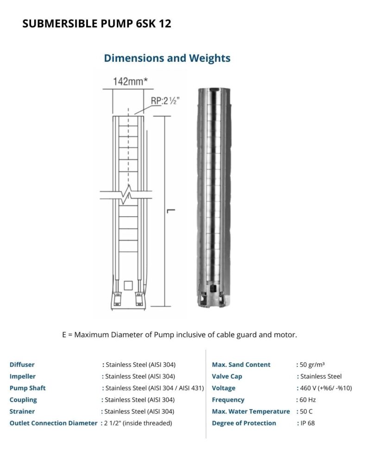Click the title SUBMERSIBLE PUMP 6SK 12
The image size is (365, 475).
tap(97, 24)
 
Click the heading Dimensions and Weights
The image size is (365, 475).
tap(167, 58)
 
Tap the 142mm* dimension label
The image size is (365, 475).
tap(130, 82)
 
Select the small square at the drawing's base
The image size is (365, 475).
tap(129, 285)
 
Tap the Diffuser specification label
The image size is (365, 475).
tap(22, 365)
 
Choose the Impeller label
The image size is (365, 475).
tap(22, 376)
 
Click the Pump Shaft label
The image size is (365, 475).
tap(28, 388)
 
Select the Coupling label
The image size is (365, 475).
tap(23, 399)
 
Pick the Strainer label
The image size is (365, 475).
tap(22, 411)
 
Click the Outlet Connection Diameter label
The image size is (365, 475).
tap(53, 423)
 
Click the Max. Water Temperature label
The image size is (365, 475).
tap(251, 411)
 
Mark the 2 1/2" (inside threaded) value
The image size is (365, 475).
tap(138, 423)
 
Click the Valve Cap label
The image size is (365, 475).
tap(227, 376)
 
